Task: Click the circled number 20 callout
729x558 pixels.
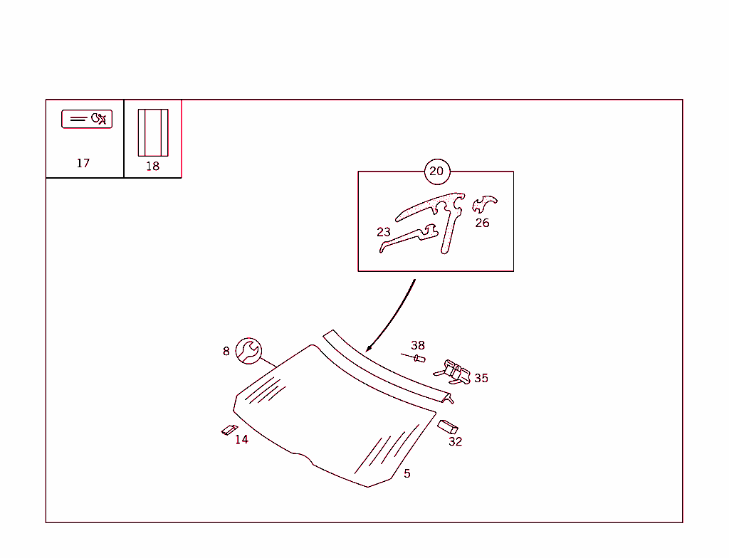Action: click(x=437, y=172)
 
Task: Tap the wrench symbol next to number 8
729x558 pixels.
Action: click(x=248, y=351)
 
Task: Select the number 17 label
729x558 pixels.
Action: click(x=83, y=163)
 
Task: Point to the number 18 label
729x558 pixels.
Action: click(x=152, y=166)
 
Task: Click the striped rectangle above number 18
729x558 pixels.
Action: click(x=153, y=132)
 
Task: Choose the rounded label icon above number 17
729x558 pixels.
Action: click(x=87, y=119)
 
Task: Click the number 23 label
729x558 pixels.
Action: click(x=384, y=232)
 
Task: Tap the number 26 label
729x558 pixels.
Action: click(x=482, y=223)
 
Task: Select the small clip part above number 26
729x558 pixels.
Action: click(x=483, y=204)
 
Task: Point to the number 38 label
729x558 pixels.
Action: click(x=418, y=345)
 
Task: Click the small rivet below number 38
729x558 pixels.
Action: click(x=414, y=357)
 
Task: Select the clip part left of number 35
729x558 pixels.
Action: click(x=452, y=372)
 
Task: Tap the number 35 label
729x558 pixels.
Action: click(x=481, y=378)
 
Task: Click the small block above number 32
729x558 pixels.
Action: click(x=448, y=427)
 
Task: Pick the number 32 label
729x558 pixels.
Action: click(x=456, y=442)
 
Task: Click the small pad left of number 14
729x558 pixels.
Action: click(x=229, y=430)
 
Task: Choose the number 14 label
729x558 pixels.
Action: click(x=242, y=439)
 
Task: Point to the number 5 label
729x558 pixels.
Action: click(x=407, y=474)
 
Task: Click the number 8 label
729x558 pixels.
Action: click(x=226, y=352)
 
